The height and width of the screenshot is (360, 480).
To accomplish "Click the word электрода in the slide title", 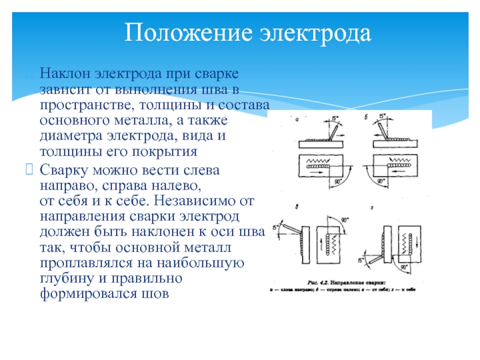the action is click(x=316, y=34).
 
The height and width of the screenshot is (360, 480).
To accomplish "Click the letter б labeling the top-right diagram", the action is click(x=366, y=118).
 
